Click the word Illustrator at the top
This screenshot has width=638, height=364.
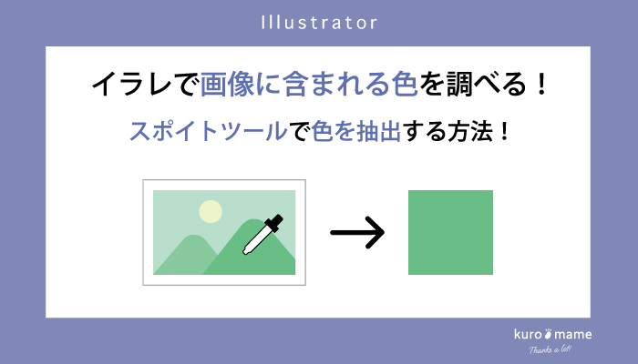pos(319,21)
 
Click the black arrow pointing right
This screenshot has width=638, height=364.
pos(357,232)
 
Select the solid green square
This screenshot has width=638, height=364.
pos(450,232)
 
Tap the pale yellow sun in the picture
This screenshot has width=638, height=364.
pos(211,211)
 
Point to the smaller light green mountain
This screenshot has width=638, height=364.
pos(186,254)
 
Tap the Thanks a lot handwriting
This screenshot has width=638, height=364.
pos(553,350)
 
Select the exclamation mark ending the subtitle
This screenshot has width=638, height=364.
pos(502,131)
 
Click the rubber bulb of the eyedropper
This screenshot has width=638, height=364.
pos(273,221)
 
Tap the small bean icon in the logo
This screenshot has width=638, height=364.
pos(549,334)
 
